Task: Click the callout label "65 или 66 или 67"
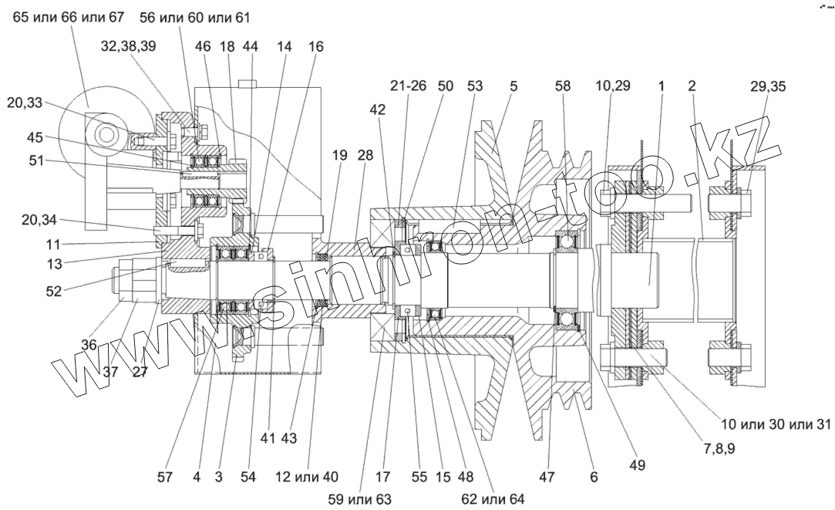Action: (x=68, y=17)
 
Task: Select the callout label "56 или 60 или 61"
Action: (x=195, y=17)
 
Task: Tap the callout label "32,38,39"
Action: (x=128, y=46)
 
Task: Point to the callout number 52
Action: (x=54, y=291)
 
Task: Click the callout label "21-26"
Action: (x=409, y=86)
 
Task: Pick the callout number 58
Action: (x=563, y=86)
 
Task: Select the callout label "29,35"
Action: (x=768, y=86)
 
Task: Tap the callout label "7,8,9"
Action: (x=719, y=449)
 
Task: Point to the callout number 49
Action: (x=637, y=465)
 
